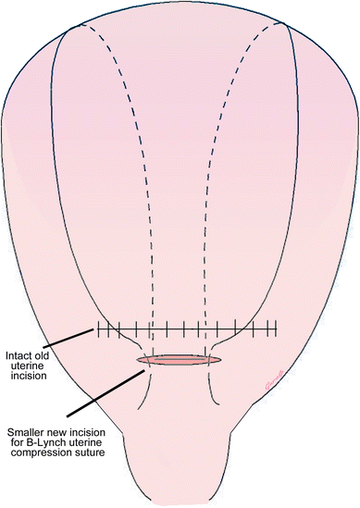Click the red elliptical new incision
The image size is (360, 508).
click(180, 359)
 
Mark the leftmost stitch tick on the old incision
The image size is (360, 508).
click(96, 328)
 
